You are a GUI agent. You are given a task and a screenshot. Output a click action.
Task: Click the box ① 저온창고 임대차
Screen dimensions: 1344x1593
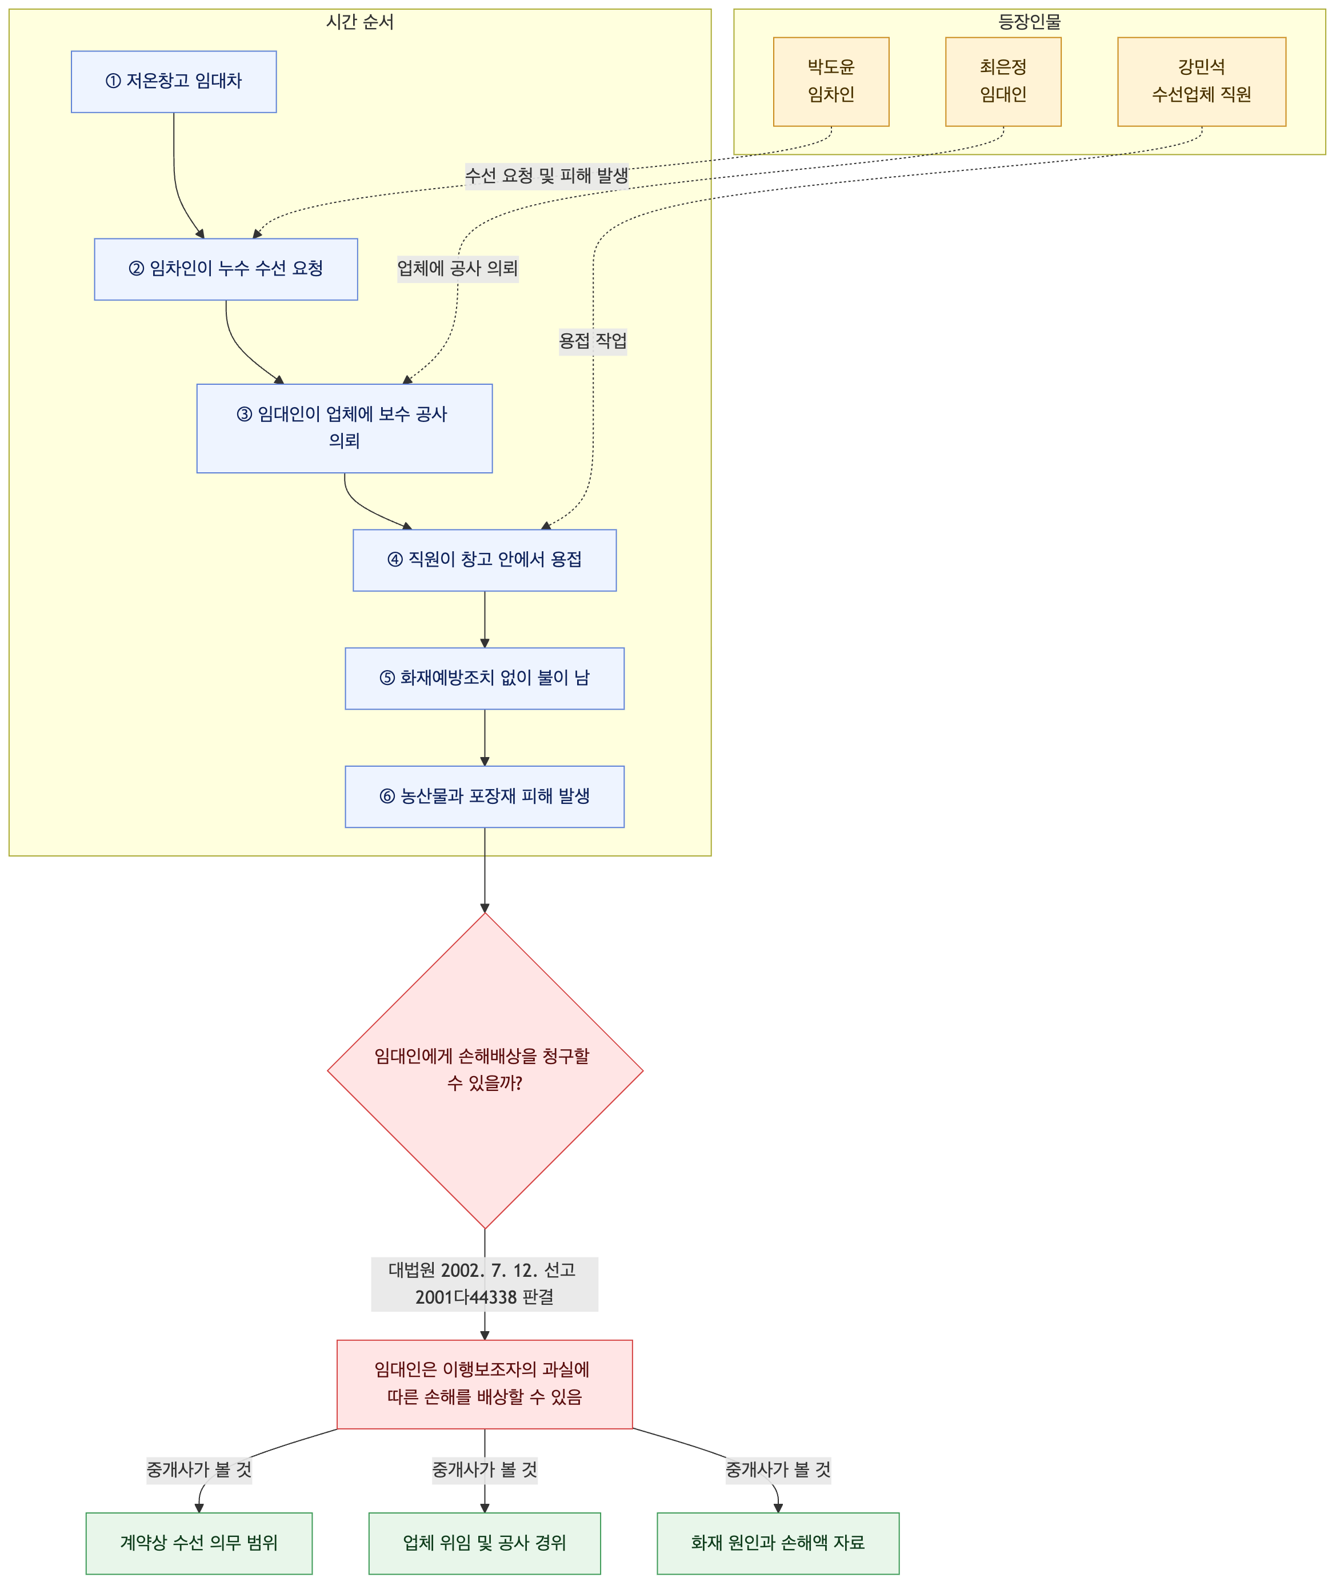174,82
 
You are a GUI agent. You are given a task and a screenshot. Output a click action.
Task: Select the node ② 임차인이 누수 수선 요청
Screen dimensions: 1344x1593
226,269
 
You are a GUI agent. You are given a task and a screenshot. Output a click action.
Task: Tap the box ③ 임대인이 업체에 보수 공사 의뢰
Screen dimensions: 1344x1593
345,428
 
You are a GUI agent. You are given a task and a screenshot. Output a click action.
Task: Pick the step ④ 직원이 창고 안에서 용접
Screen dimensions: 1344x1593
485,560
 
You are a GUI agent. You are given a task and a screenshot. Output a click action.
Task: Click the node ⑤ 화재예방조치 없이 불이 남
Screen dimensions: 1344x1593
485,678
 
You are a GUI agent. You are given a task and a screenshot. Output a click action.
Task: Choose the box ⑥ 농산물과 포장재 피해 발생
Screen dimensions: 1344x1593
485,797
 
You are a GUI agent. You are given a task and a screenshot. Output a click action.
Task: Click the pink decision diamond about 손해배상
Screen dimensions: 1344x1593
485,1070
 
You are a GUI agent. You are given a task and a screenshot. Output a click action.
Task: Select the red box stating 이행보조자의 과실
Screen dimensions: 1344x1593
485,1384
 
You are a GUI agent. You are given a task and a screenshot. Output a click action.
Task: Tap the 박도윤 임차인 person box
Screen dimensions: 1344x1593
831,82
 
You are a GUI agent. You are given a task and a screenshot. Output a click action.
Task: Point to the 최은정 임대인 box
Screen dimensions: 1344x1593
1003,82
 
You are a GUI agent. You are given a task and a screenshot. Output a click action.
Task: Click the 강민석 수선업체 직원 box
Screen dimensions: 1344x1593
1202,82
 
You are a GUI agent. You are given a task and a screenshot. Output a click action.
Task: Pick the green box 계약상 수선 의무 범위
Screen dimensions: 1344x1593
199,1543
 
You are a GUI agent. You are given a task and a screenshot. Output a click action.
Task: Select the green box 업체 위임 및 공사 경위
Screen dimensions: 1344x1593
485,1543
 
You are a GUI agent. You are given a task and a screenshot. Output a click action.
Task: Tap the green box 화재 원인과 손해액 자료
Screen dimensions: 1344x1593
778,1543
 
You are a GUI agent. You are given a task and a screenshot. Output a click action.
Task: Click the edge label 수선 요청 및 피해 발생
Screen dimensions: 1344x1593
547,176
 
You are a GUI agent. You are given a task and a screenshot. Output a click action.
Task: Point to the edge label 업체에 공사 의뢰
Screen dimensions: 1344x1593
458,268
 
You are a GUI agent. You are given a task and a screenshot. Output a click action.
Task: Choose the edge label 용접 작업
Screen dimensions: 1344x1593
593,341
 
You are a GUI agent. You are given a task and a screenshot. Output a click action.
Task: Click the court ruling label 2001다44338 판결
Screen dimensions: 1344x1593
485,1297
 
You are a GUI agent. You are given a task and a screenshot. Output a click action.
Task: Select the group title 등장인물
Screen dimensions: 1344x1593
1029,21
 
